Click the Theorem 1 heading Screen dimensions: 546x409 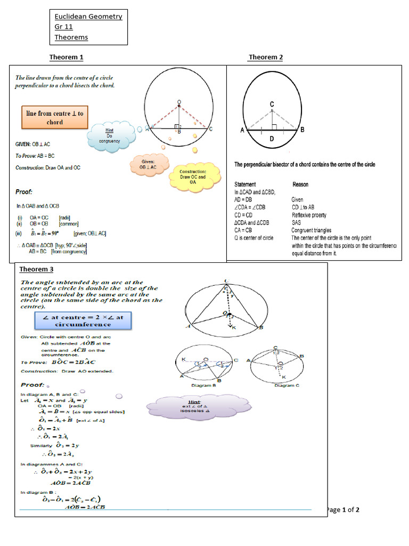coord(66,57)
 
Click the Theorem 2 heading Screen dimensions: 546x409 coord(265,57)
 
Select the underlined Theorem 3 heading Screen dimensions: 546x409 coord(36,269)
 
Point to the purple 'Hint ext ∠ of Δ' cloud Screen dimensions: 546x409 coord(198,406)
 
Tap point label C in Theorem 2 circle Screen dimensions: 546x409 coord(272,104)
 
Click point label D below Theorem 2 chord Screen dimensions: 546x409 coord(272,139)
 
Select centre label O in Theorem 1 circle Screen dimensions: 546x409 coord(179,102)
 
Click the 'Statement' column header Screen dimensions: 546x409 coord(245,184)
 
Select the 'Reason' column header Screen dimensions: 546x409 coord(300,184)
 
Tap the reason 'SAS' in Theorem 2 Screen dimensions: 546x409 coord(296,222)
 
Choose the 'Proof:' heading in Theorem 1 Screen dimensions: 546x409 coord(23,192)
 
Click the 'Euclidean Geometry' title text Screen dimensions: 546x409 coord(88,17)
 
